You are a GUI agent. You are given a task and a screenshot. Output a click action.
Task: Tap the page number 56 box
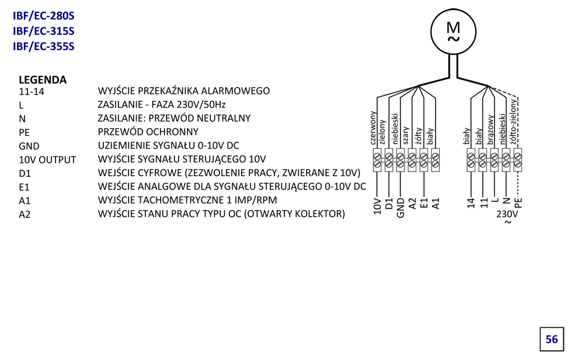(x=552, y=339)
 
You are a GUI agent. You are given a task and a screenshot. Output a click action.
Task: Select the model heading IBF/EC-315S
(x=44, y=31)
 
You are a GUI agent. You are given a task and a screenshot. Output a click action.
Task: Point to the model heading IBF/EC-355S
(x=44, y=47)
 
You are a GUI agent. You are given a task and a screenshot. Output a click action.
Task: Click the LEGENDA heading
(x=43, y=79)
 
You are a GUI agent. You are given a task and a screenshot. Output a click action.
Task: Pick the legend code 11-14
(x=32, y=92)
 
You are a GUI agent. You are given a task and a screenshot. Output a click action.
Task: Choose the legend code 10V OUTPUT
(x=47, y=160)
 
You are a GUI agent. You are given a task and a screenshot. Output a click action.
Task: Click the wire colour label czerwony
(x=373, y=128)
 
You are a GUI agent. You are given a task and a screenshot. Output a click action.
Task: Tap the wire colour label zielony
(x=382, y=132)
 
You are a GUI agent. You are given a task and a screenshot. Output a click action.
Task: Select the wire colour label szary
(x=406, y=135)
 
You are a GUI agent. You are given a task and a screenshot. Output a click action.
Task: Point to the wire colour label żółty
(x=418, y=136)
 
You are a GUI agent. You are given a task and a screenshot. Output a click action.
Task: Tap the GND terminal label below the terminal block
(x=401, y=208)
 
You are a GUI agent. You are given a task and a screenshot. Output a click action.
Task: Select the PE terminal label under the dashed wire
(x=518, y=203)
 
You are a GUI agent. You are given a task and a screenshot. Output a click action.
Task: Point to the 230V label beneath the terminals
(x=507, y=214)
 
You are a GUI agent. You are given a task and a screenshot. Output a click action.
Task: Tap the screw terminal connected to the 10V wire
(x=377, y=160)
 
